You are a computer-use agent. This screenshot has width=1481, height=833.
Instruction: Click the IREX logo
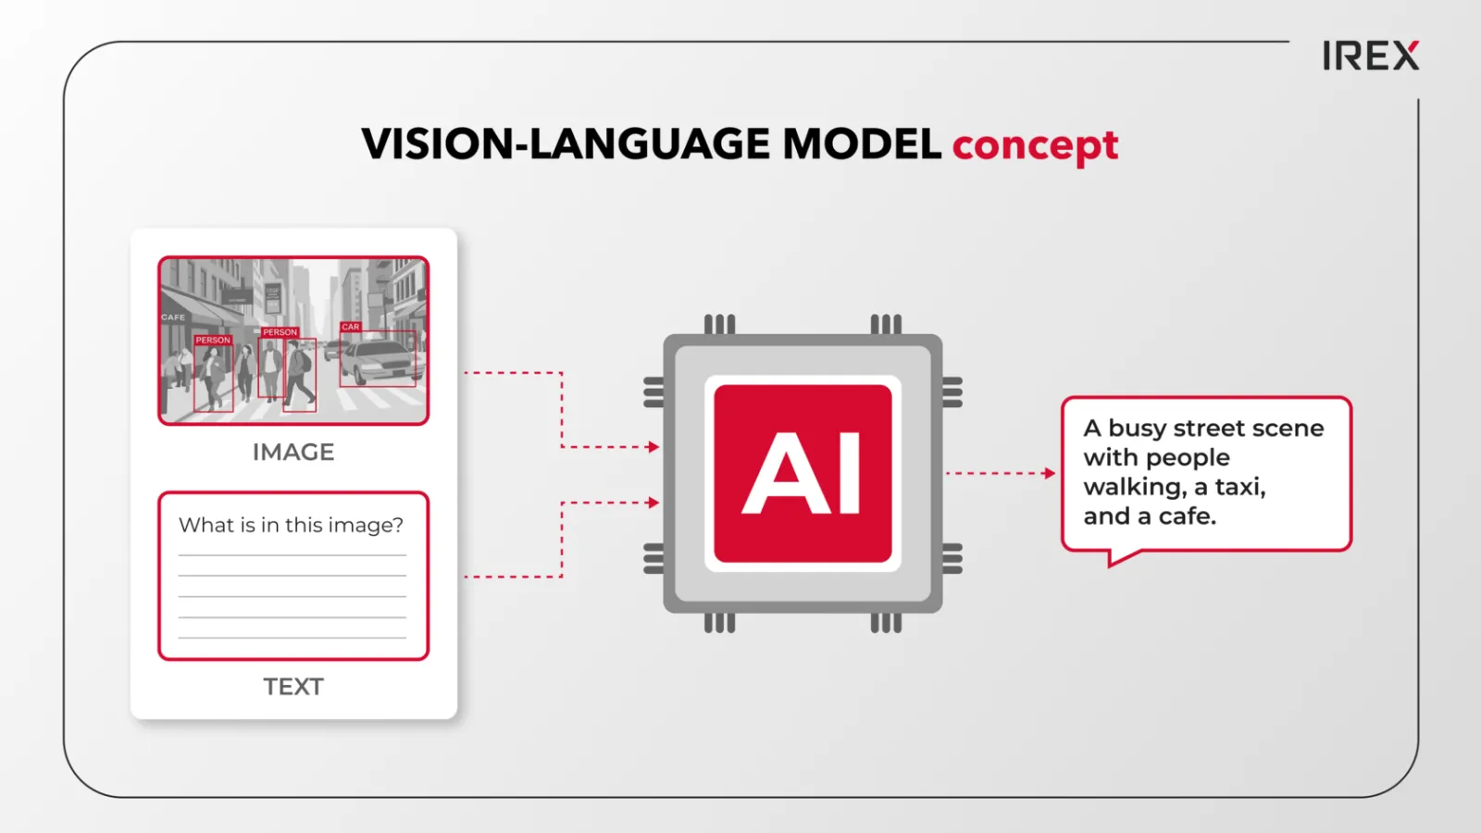tap(1371, 56)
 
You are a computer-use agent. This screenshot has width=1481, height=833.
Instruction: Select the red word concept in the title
tap(1036, 145)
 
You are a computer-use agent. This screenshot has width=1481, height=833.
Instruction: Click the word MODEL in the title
tap(862, 143)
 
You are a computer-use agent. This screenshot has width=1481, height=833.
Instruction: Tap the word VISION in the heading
tap(436, 143)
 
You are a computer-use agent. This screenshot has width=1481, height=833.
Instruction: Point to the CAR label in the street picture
tap(351, 327)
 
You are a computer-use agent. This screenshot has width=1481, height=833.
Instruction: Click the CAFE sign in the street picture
tap(173, 317)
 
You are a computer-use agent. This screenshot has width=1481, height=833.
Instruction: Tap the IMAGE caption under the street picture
tap(293, 453)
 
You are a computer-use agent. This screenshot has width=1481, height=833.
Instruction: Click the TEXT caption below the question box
tap(293, 687)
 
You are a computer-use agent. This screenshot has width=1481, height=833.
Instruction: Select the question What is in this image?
tap(291, 526)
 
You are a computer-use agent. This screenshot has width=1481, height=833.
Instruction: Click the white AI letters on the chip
tap(802, 473)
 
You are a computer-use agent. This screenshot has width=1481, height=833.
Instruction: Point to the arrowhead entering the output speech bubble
tap(1050, 473)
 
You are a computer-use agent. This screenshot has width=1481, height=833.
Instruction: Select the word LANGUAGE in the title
tap(652, 143)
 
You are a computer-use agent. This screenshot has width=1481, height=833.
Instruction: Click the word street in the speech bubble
tap(1213, 429)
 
